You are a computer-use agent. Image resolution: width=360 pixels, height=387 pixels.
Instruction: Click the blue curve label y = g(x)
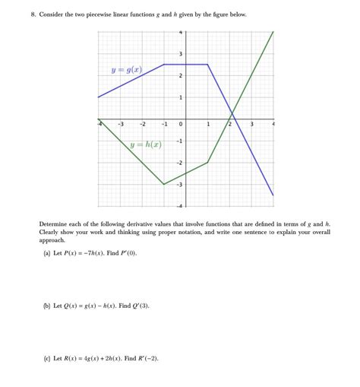point(126,70)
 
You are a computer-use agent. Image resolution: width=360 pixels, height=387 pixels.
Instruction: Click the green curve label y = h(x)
point(146,144)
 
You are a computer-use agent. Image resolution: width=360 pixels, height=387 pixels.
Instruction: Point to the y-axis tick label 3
point(180,53)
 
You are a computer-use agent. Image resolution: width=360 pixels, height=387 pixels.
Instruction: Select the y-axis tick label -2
point(179,163)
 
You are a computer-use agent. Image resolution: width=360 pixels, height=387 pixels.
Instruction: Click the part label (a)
point(47,253)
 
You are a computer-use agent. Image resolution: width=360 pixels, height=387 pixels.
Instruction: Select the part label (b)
point(47,306)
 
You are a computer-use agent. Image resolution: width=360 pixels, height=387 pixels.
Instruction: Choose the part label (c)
point(47,358)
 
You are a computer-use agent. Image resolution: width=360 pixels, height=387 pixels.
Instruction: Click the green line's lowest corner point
point(164,184)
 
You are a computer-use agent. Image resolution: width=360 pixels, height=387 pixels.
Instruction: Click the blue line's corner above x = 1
point(207,65)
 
